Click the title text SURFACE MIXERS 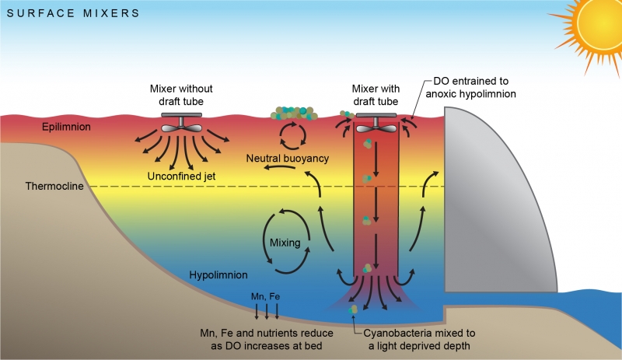pos(74,13)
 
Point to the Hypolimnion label pos(218,274)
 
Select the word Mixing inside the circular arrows pos(285,243)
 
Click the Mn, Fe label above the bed pos(266,297)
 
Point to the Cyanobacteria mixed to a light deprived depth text pos(418,338)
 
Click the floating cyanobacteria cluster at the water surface pos(295,114)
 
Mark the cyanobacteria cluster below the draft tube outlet pos(355,309)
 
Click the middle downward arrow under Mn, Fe pos(266,312)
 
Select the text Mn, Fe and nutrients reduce pos(266,332)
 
